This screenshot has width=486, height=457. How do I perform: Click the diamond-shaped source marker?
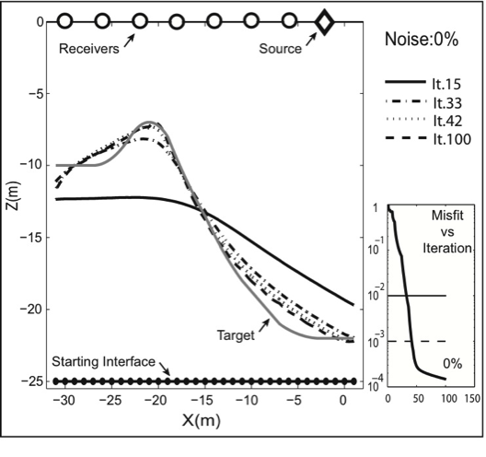tap(323, 21)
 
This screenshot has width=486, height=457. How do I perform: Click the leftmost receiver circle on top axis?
tap(65, 21)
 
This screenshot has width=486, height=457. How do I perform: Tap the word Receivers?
tap(88, 49)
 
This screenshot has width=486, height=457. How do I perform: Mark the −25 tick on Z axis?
tap(34, 381)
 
